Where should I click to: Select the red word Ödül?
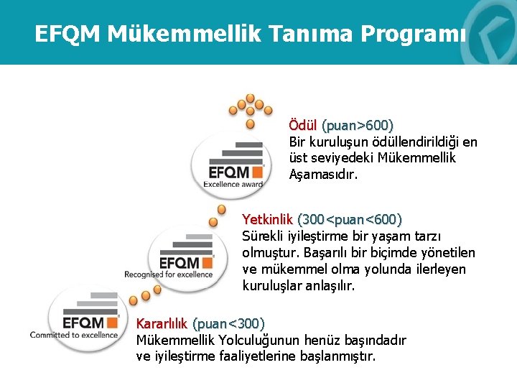(x=303, y=126)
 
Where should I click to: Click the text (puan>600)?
(x=357, y=126)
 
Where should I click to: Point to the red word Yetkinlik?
(x=267, y=219)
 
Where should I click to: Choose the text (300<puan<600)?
(x=350, y=219)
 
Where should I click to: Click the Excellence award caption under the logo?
(x=233, y=184)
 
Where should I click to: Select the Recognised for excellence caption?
(x=169, y=274)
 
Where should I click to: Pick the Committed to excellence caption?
(x=74, y=335)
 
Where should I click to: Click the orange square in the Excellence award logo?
(x=256, y=172)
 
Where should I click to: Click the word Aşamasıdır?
(x=323, y=175)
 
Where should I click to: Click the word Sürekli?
(x=264, y=236)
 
